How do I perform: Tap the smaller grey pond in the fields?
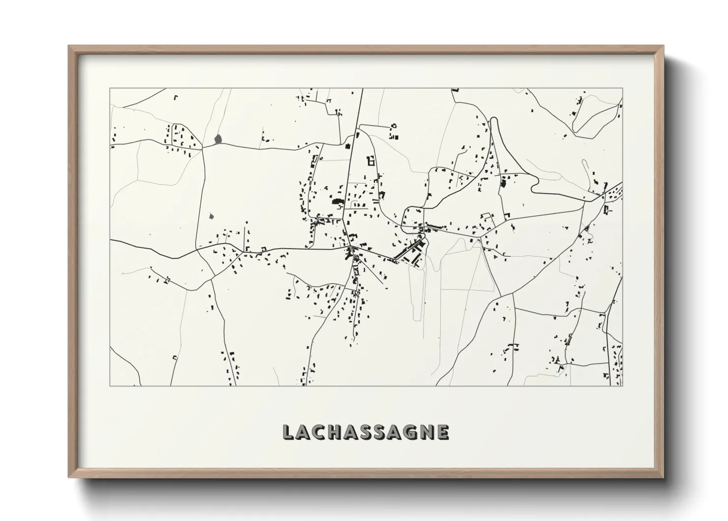tap(212, 216)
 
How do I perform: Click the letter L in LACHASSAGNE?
tap(289, 432)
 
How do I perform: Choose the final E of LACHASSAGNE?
tap(442, 432)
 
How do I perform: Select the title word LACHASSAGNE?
tap(365, 432)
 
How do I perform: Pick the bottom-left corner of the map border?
tap(110, 386)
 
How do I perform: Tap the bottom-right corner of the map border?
tap(622, 386)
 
